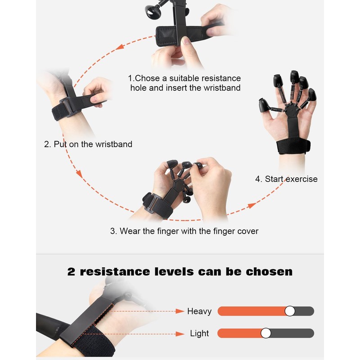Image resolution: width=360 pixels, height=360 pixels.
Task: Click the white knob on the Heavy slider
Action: coord(290,311)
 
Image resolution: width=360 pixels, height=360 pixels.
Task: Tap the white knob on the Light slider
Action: coord(266,333)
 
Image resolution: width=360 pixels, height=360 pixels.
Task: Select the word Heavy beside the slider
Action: coord(199,311)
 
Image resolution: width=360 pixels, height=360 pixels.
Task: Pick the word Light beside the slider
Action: coord(199,333)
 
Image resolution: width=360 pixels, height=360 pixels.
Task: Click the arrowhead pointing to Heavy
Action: coord(180,311)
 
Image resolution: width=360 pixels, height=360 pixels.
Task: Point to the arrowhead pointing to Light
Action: coord(180,333)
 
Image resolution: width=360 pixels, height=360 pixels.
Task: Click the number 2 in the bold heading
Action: coord(71,272)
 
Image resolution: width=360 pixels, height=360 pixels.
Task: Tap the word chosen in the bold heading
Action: coord(269,272)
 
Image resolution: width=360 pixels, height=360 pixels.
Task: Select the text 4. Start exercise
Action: coord(286,179)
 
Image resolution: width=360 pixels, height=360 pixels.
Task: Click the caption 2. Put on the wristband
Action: coord(88,144)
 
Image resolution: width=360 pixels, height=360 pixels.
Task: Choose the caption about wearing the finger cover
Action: coord(184,231)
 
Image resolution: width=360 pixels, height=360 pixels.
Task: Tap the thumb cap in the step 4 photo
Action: coord(265,106)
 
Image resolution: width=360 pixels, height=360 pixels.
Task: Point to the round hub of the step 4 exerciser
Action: coord(291,110)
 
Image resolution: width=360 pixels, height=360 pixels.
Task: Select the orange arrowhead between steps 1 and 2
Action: coord(120,47)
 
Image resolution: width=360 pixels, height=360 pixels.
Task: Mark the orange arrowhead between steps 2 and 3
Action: coord(79,174)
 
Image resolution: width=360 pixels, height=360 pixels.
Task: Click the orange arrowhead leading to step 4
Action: coord(252,205)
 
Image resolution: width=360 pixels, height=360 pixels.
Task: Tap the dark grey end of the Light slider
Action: coord(292,333)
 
